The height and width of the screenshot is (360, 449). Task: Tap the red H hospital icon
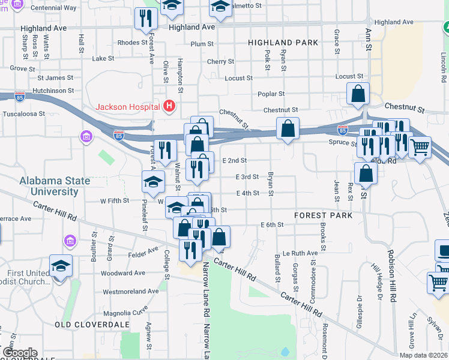click(169, 107)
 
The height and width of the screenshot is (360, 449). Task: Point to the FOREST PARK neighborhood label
click(318, 215)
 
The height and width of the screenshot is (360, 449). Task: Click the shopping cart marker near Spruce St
click(420, 146)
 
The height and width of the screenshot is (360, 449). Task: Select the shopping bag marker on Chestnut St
click(358, 94)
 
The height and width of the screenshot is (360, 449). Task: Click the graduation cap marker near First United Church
click(61, 265)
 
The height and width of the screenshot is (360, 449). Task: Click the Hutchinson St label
click(53, 91)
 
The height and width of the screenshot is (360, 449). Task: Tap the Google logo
click(19, 353)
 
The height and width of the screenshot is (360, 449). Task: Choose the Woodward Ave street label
click(123, 272)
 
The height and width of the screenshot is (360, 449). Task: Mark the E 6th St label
click(271, 224)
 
